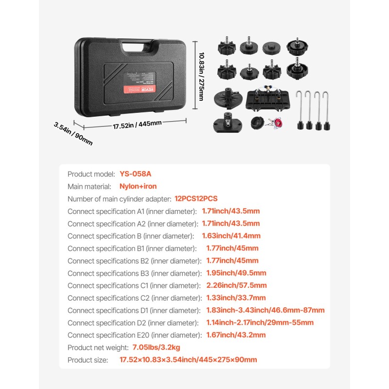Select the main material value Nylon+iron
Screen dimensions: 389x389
pos(138,186)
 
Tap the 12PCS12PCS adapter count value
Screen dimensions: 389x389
pos(196,198)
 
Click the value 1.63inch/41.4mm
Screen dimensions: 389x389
pos(231,236)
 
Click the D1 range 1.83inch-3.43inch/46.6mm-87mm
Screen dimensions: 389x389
pos(265,310)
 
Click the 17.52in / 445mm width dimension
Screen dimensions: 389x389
pos(137,124)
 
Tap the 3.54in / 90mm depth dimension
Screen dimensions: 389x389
pos(73,133)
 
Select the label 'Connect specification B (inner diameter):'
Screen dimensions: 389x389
pos(128,236)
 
